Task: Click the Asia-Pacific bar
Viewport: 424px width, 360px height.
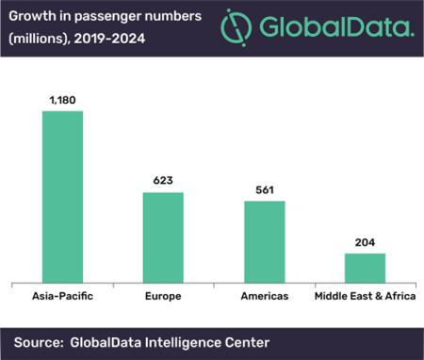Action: tap(62, 196)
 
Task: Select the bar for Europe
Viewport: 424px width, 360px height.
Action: tap(163, 237)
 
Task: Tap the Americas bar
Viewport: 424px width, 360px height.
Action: tap(265, 240)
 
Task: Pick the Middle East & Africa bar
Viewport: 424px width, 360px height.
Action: tap(365, 267)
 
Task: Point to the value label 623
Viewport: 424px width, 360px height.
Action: tap(163, 182)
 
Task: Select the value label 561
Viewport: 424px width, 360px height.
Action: tap(265, 190)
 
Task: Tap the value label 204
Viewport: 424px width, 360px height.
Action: tap(365, 242)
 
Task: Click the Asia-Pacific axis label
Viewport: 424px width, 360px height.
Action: tap(62, 295)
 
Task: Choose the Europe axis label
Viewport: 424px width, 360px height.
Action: tap(163, 295)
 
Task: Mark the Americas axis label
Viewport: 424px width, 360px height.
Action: tap(265, 295)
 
